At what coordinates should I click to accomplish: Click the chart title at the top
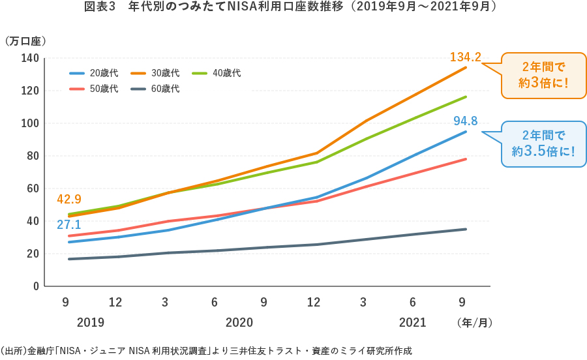pos(293,8)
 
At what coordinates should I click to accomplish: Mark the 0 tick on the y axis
pos(36,286)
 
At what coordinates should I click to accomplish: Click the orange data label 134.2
pos(465,58)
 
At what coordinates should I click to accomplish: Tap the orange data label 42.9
pos(70,200)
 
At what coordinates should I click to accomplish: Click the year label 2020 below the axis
pos(239,322)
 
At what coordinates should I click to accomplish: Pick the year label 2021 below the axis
pos(412,322)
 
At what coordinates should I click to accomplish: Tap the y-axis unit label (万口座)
pos(26,41)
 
